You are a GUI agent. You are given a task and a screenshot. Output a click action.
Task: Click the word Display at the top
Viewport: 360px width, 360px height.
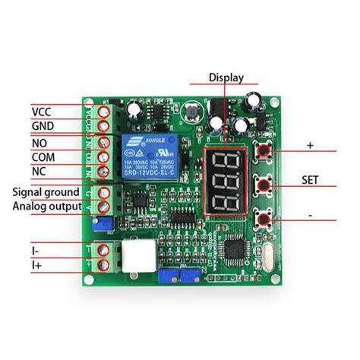pos(226,77)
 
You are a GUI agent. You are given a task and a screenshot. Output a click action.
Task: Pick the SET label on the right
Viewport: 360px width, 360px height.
pos(309,181)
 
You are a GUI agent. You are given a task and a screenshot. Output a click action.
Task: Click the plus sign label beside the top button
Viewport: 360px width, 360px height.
pos(309,144)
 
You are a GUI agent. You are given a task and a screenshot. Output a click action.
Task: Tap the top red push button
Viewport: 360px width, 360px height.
pos(265,150)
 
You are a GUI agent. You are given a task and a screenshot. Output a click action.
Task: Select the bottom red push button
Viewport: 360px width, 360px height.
pos(265,220)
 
